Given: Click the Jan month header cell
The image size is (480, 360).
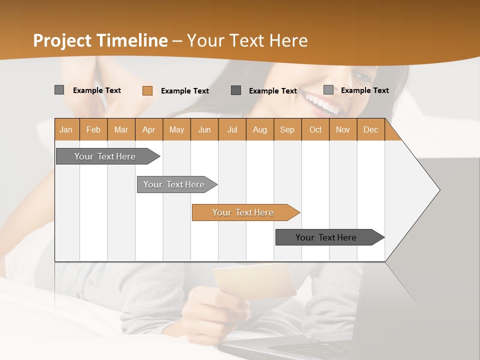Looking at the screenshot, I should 66,129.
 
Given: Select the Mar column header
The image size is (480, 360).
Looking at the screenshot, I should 121,129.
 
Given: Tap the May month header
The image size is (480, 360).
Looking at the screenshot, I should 176,129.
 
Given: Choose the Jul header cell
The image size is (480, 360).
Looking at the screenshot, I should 232,129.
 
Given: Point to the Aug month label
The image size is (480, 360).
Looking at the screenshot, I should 259,129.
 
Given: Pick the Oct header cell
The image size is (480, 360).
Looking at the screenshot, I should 315,129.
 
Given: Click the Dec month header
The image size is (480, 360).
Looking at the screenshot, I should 370,129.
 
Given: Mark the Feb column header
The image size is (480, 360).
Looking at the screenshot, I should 93,129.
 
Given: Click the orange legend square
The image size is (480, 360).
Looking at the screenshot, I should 147,90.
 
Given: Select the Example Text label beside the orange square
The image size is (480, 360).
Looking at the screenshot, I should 184,91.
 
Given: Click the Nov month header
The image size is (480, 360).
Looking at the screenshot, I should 343,129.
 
